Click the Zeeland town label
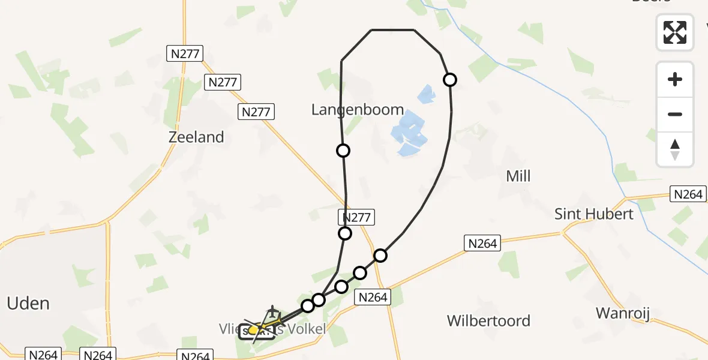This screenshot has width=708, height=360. (196, 137)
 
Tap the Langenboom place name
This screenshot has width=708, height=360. (358, 110)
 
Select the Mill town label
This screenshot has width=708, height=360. (518, 176)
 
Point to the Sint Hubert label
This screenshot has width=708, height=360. (593, 214)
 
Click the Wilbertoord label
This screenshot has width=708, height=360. (488, 321)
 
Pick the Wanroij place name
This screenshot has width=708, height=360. (623, 313)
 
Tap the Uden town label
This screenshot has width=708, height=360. (28, 303)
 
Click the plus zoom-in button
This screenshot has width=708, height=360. (675, 79)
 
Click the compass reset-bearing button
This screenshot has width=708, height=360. (675, 149)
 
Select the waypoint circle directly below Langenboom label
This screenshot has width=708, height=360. (343, 151)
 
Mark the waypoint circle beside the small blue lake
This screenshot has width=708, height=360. (449, 80)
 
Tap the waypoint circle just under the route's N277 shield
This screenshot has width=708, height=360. (345, 233)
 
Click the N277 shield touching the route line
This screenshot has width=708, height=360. (356, 217)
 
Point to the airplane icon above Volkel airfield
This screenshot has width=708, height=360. (273, 311)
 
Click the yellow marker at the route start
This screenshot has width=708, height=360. (254, 329)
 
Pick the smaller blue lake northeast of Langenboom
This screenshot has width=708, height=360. (425, 94)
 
